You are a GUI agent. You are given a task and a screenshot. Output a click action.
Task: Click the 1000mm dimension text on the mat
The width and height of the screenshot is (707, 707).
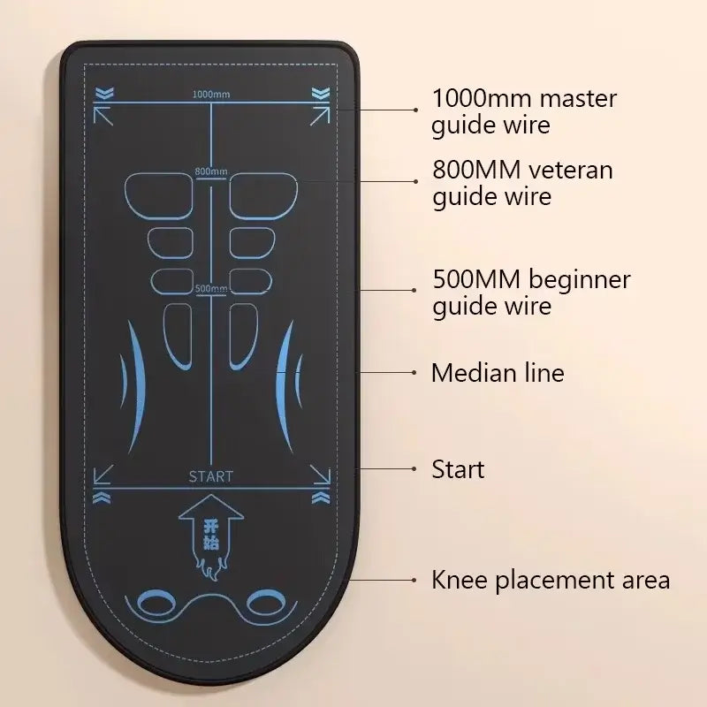coord(209,95)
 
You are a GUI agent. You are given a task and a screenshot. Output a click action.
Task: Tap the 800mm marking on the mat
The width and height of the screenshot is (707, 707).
coord(211,171)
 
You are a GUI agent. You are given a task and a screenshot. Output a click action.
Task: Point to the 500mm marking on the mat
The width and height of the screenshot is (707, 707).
coord(211,288)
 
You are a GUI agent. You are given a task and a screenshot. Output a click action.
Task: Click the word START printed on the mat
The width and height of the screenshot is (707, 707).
coord(211,476)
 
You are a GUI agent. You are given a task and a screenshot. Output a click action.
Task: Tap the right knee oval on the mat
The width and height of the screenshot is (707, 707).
coord(264,604)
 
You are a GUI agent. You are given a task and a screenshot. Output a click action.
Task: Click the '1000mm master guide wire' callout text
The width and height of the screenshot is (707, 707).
coord(523,110)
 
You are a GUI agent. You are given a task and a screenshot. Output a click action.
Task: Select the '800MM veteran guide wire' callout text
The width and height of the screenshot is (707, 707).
coord(521,182)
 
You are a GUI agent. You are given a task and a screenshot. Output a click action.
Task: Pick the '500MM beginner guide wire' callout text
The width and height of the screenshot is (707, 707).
coord(530,293)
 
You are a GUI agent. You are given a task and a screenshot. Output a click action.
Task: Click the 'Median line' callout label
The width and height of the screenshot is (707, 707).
coord(497,373)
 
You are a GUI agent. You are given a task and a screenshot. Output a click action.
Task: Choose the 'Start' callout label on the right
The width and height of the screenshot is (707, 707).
coord(458,468)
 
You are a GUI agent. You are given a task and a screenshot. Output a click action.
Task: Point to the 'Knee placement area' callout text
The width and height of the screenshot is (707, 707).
coord(550,580)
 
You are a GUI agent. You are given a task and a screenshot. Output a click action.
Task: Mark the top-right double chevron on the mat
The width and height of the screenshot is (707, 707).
coord(319,93)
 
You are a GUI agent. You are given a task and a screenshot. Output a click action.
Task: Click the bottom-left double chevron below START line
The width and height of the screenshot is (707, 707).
coord(103,498)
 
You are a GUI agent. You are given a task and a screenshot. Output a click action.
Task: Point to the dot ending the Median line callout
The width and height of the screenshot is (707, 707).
coord(416,373)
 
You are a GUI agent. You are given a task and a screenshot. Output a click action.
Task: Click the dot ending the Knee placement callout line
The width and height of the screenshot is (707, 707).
coord(416,580)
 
